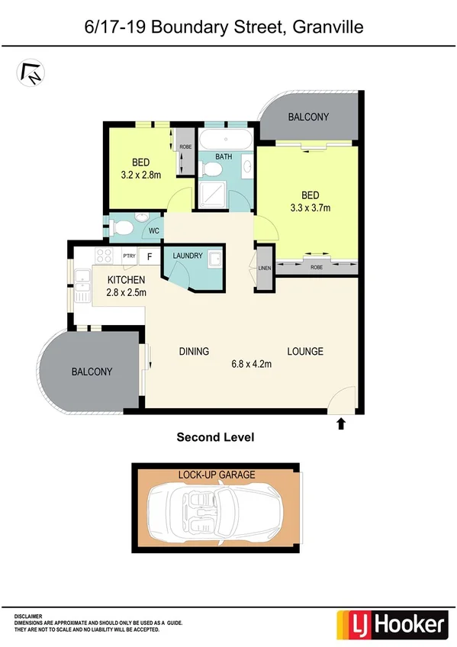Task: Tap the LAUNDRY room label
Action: tap(188, 256)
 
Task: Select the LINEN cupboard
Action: tap(264, 268)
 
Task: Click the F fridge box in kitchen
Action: tap(150, 256)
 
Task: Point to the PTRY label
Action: tap(129, 257)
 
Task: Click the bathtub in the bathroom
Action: tap(226, 140)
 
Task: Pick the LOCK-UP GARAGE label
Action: tap(217, 475)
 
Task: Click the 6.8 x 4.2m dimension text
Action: tap(252, 365)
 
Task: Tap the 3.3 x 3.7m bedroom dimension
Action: tap(308, 207)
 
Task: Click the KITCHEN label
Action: tap(126, 279)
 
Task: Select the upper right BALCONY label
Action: tap(308, 117)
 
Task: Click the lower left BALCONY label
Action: tap(92, 372)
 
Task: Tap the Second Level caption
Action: tap(215, 437)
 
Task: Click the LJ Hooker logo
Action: tap(391, 625)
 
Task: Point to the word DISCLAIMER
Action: tap(28, 615)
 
